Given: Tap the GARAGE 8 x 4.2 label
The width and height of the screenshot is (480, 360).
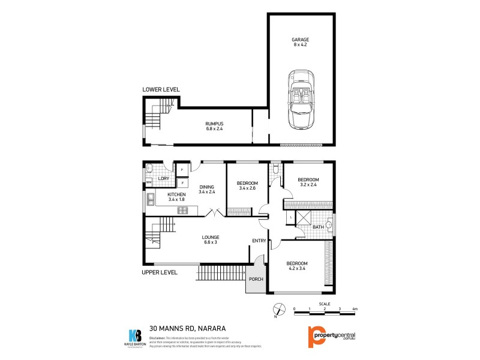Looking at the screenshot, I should [301, 42].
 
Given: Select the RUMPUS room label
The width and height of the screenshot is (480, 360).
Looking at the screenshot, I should [214, 126].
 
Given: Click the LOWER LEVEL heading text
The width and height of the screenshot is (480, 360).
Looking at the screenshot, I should [161, 89].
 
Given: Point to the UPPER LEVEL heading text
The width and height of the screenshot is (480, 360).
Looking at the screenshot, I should [160, 272].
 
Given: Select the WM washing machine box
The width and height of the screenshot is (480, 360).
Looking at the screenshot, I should [148, 182].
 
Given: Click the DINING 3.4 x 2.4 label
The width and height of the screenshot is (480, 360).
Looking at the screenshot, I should [206, 189].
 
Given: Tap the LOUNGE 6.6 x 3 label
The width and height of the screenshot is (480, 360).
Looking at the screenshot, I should [211, 240].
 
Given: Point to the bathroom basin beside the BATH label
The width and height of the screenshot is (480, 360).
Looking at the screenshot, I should [329, 226].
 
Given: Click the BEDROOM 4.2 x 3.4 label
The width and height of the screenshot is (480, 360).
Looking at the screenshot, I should [296, 266].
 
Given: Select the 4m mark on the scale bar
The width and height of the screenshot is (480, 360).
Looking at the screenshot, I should [355, 308].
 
